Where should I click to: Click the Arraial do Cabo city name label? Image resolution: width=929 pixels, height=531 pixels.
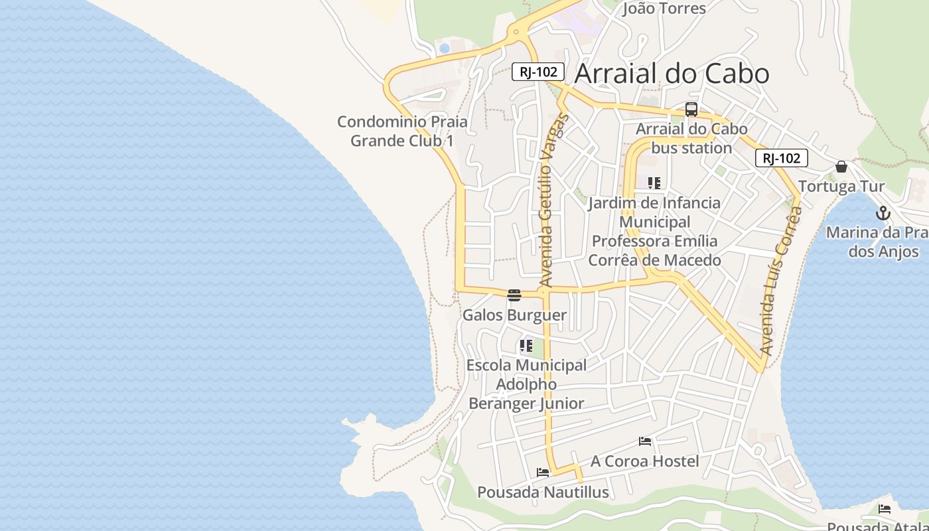[x=672, y=74]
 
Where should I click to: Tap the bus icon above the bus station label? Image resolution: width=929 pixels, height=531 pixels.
[x=691, y=110]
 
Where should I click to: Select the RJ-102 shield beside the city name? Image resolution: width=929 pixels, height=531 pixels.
[x=538, y=72]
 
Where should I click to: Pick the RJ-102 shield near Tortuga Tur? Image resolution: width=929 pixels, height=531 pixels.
[x=781, y=158]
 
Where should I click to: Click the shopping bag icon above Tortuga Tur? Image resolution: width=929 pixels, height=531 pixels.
[x=841, y=167]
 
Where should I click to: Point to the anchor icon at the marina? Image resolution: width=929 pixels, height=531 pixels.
[x=883, y=213]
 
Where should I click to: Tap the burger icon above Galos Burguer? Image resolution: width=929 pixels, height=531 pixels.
[x=514, y=295]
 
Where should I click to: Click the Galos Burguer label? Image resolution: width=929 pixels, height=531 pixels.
[x=514, y=315]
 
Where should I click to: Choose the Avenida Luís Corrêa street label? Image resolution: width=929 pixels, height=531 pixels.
[x=781, y=280]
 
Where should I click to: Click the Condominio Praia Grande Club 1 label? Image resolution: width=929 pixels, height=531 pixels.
[x=402, y=131]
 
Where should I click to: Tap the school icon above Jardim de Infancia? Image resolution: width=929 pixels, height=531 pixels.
[x=654, y=183]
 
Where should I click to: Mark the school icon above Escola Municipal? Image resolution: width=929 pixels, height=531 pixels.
[x=526, y=345]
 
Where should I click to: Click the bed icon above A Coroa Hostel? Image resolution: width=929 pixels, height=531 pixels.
[x=644, y=441]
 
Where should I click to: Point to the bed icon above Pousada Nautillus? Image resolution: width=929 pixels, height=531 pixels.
[x=543, y=473]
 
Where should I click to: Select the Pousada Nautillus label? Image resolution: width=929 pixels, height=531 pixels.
[x=543, y=493]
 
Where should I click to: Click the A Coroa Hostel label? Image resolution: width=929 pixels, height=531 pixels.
[x=644, y=461]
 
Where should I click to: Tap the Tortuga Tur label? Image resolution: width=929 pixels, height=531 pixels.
[x=841, y=187]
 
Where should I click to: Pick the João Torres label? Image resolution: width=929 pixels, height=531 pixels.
[x=664, y=9]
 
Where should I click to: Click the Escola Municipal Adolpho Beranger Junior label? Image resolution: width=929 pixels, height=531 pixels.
[x=526, y=384]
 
